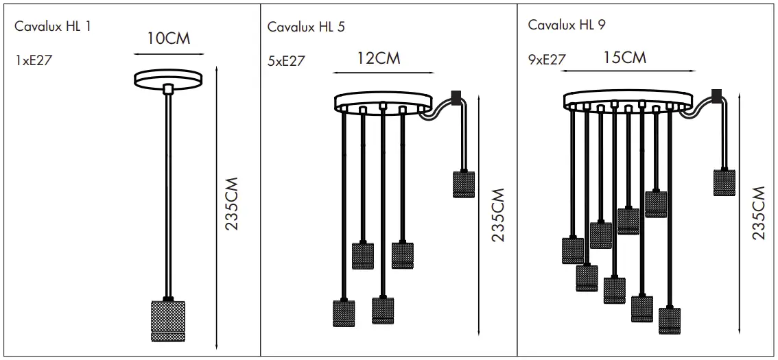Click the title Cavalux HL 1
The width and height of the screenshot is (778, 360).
[53, 27]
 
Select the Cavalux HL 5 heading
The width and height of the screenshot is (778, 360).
[306, 27]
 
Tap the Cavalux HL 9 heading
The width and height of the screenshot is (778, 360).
[567, 25]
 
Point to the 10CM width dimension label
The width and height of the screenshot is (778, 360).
[168, 38]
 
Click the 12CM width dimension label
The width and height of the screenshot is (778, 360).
[378, 58]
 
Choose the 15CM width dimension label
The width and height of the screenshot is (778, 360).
[624, 57]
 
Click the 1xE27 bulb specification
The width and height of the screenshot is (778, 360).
[34, 60]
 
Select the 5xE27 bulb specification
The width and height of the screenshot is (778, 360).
[286, 61]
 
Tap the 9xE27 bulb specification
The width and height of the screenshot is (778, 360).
[547, 60]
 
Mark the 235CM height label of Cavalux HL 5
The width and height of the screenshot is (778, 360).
[498, 215]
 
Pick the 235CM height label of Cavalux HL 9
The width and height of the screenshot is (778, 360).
[758, 213]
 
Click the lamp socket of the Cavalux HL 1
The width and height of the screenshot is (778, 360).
[167, 321]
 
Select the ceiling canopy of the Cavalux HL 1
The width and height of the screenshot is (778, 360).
[167, 80]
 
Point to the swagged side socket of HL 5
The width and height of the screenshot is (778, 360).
[464, 184]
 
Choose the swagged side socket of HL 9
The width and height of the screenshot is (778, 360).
[724, 182]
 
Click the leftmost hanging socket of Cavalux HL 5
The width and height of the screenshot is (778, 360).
[344, 313]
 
